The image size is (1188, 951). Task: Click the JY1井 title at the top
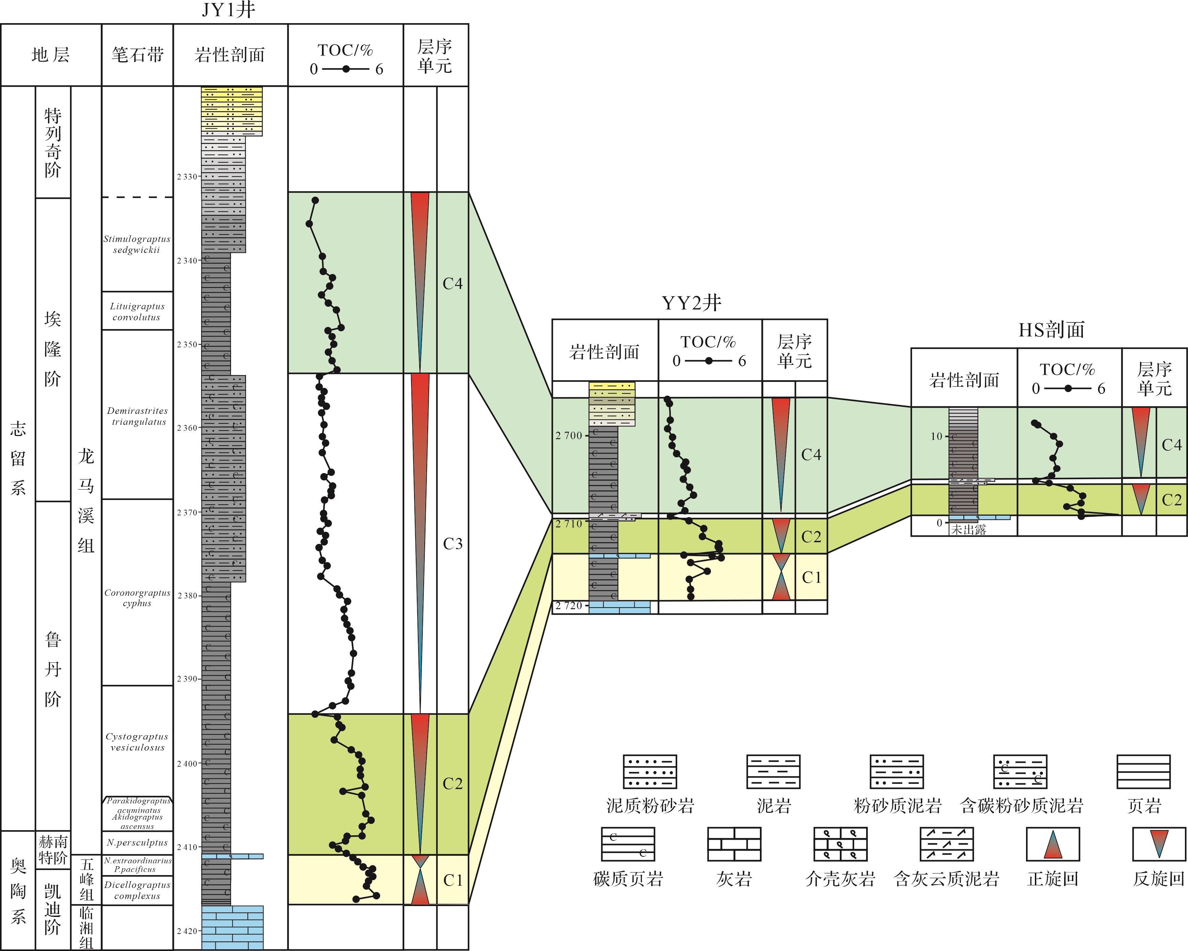coord(228,10)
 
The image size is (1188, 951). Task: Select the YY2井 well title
coord(691,303)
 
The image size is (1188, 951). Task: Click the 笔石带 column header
coord(138,54)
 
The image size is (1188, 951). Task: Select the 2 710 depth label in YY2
coord(569,524)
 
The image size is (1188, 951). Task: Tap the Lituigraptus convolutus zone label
coord(137,312)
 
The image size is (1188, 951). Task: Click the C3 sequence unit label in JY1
coord(452,544)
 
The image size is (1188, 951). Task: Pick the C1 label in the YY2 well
coord(811,577)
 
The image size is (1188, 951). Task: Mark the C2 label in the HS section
coord(1171,500)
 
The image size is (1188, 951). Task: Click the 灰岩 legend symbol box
coord(734,844)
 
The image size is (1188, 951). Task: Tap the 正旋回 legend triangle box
coord(1053,844)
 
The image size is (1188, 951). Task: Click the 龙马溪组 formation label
coord(86,500)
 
